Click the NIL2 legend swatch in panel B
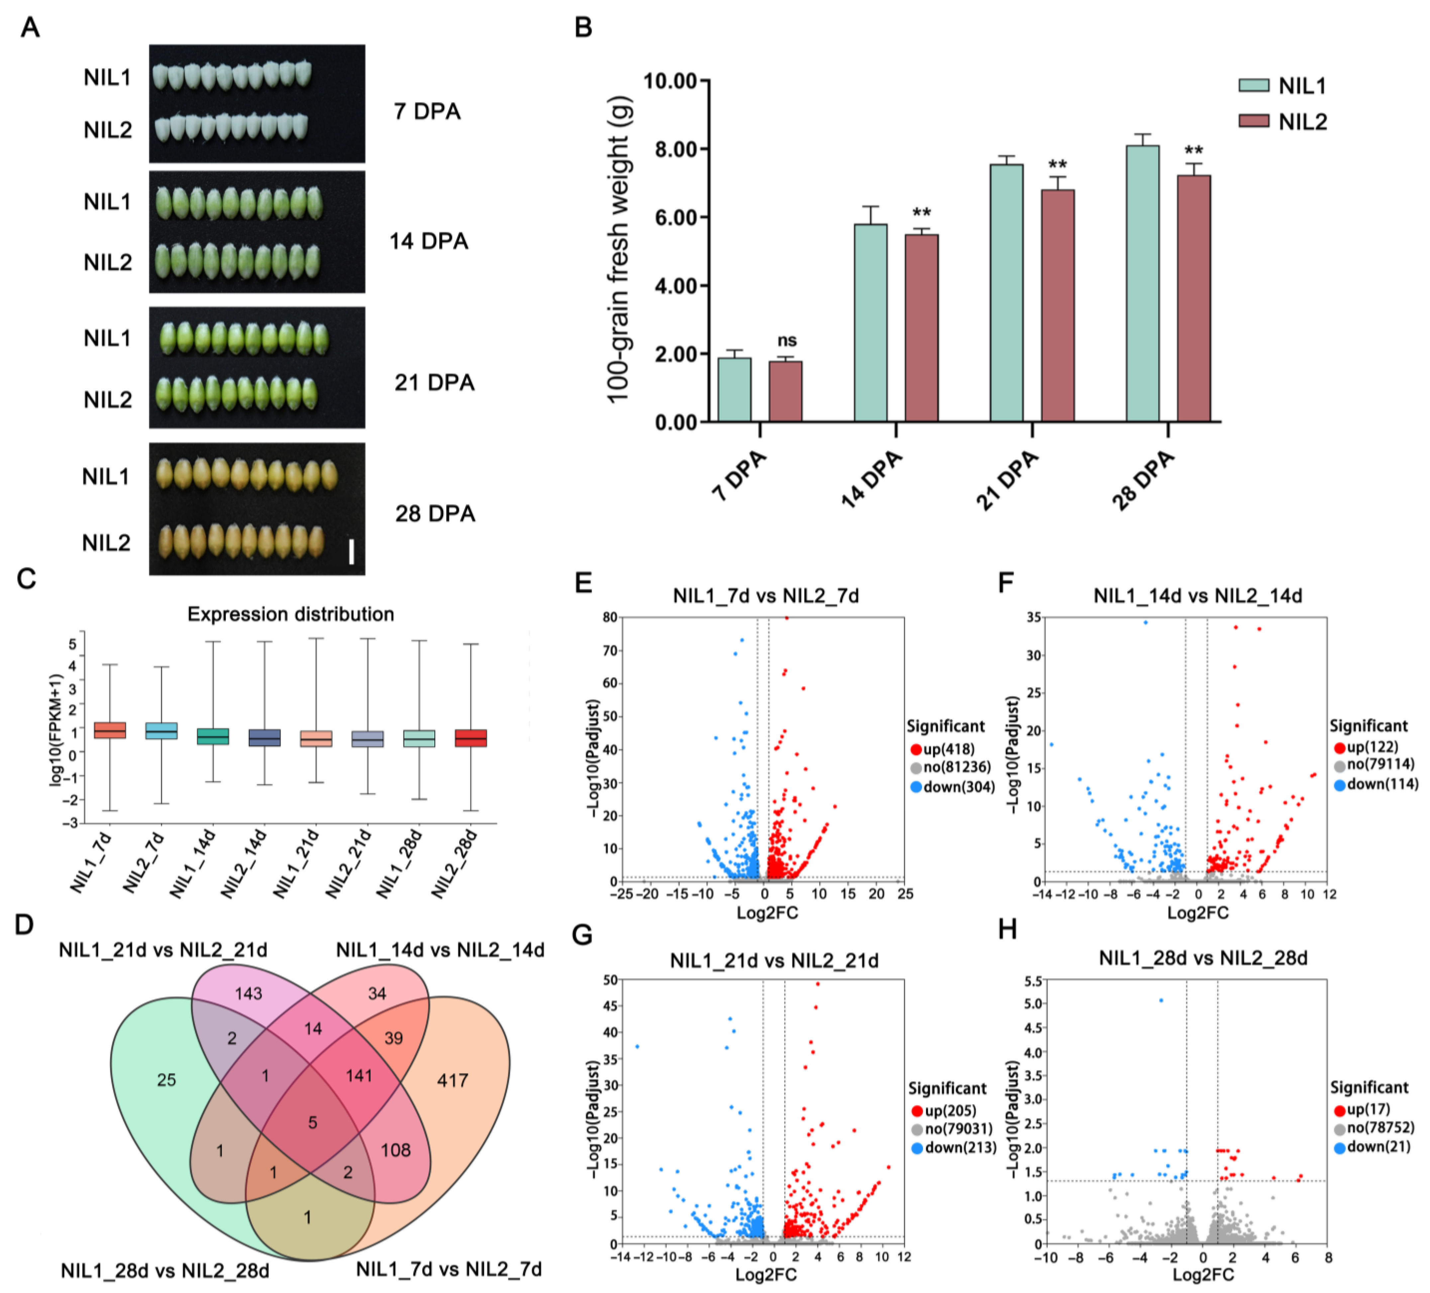[x=1253, y=121]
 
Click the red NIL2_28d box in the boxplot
[x=471, y=738]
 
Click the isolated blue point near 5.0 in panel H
[x=1161, y=1000]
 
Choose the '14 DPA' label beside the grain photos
[x=428, y=241]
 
